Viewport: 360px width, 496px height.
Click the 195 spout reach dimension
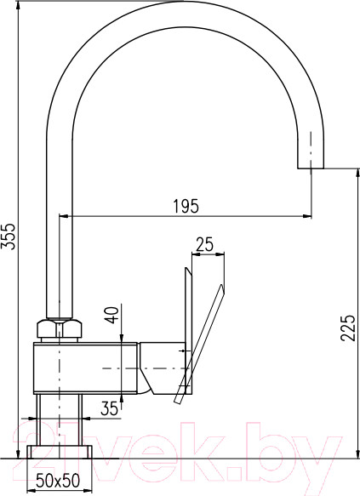click(186, 206)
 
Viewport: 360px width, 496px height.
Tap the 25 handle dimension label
click(204, 245)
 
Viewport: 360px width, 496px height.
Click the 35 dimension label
click(109, 408)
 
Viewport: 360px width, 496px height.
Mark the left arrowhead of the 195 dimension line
click(61, 216)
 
